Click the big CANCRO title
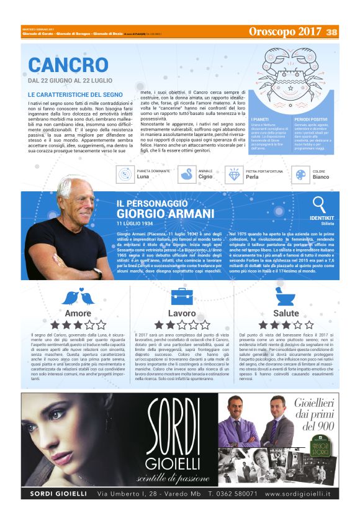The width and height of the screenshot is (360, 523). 68,65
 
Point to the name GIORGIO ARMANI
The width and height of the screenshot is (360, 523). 165,214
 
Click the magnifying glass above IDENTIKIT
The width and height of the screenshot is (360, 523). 320,204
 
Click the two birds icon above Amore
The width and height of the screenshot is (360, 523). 78,297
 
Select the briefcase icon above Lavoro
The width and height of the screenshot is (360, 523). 182,296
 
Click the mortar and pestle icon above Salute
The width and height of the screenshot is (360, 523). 286,296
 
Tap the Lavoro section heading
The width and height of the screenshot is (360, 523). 182,313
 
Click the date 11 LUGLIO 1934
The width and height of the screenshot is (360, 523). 135,222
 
